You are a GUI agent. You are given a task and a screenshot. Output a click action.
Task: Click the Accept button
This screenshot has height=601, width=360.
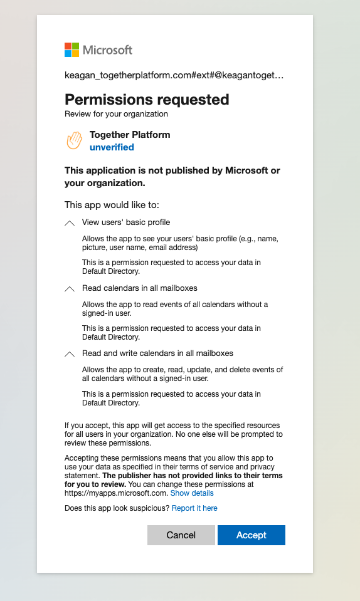[251, 535]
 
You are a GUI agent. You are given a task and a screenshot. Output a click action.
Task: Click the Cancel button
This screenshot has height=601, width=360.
[181, 535]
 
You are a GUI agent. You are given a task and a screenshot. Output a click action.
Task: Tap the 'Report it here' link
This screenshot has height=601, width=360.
[194, 508]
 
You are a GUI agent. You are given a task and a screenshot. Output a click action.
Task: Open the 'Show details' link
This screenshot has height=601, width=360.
[192, 493]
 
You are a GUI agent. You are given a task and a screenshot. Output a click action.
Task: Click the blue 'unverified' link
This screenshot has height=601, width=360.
[112, 147]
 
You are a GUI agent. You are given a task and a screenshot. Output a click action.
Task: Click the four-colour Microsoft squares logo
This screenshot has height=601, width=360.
[72, 50]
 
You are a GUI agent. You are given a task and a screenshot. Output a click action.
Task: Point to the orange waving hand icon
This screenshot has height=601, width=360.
[74, 141]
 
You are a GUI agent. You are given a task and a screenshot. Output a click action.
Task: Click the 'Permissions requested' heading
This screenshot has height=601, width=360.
[147, 100]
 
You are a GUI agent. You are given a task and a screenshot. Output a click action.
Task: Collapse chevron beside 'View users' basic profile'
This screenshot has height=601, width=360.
[70, 223]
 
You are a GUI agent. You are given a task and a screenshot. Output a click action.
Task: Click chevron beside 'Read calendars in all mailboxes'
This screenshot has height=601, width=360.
[70, 289]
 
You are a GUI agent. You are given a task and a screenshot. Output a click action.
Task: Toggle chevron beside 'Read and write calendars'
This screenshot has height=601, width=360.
[70, 354]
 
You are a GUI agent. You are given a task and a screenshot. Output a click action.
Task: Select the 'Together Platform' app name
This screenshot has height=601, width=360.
[130, 135]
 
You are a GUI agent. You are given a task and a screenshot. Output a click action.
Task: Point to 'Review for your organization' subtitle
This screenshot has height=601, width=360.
[116, 114]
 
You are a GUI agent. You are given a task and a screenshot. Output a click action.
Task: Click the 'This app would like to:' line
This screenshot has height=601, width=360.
[108, 205]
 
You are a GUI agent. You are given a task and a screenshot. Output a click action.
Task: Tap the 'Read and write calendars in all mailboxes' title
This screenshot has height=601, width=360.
[157, 353]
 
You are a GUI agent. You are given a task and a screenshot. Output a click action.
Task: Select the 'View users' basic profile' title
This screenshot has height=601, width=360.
[126, 222]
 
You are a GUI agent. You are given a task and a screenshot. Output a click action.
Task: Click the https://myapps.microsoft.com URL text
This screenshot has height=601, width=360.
[116, 493]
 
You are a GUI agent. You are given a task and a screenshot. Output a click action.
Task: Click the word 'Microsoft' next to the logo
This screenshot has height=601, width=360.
[107, 50]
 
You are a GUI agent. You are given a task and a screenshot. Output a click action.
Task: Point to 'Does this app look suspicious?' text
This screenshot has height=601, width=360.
[117, 508]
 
